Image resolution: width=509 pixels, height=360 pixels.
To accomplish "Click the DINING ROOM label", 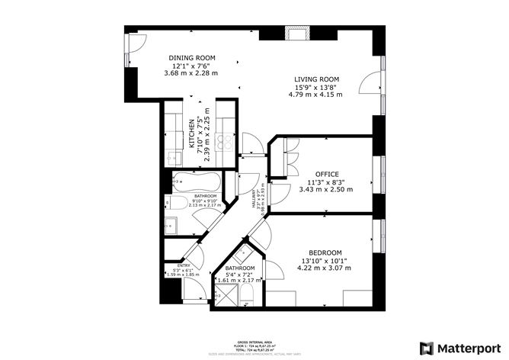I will click(x=192, y=58).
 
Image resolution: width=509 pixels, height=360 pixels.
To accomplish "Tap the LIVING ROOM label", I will click(x=318, y=79).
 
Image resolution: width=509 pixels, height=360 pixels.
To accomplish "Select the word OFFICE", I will click(x=328, y=174).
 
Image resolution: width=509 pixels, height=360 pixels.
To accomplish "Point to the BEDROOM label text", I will click(x=325, y=252).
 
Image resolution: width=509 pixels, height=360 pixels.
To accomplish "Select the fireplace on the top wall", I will click(x=295, y=34).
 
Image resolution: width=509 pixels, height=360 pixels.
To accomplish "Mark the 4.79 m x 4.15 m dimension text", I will click(x=318, y=95).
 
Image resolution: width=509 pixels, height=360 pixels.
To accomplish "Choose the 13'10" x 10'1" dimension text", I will click(x=325, y=260).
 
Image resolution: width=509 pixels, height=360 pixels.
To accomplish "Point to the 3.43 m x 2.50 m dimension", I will click(x=328, y=189).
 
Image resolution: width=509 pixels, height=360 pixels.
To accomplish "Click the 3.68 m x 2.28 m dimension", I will click(x=192, y=73).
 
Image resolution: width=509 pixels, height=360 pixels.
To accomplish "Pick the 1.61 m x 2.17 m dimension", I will click(x=239, y=280).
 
